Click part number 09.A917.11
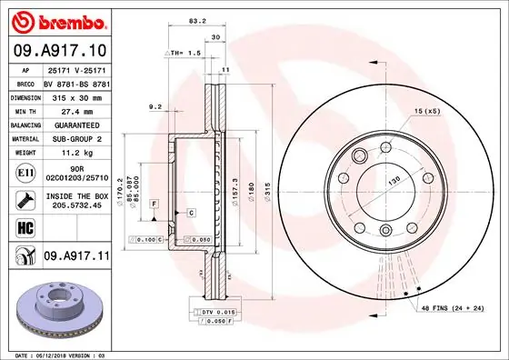(x=76, y=258)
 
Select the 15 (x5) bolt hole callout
(x=427, y=111)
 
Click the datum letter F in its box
(x=155, y=202)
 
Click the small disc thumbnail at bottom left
(x=58, y=309)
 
